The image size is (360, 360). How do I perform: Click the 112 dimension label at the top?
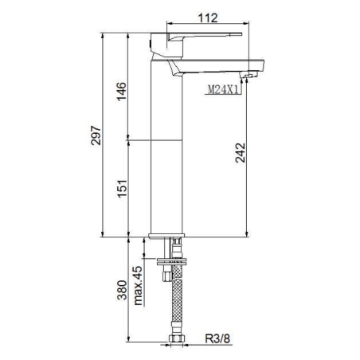(x=208, y=18)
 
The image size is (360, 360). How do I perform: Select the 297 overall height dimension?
(x=96, y=135)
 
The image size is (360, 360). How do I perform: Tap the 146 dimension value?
(x=122, y=92)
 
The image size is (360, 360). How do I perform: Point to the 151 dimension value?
(x=122, y=189)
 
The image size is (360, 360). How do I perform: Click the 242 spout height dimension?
(x=241, y=153)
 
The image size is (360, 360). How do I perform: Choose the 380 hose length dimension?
(x=122, y=290)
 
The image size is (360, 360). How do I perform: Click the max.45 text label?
(x=138, y=285)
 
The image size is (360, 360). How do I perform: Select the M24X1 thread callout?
(x=222, y=90)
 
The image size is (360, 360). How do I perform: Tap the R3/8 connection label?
(x=217, y=338)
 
